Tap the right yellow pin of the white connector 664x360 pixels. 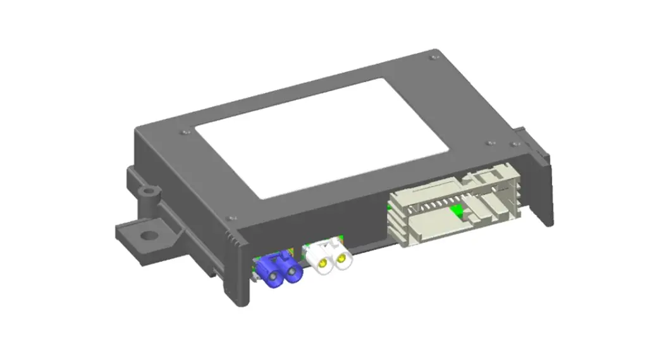click(x=342, y=258)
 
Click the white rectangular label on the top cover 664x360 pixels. click(x=322, y=136)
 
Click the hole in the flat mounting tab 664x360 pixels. click(x=147, y=235)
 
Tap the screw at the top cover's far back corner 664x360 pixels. click(x=433, y=58)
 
